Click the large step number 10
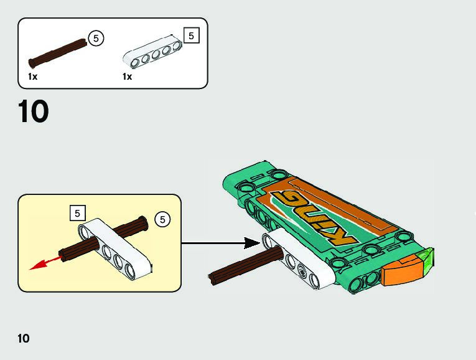pos(33,112)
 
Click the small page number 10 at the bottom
pos(24,339)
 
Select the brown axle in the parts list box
pos(57,52)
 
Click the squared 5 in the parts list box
pos(191,36)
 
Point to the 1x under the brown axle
pos(33,77)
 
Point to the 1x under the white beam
pos(128,77)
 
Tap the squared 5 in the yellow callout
pos(77,213)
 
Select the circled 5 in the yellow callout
pos(162,219)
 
